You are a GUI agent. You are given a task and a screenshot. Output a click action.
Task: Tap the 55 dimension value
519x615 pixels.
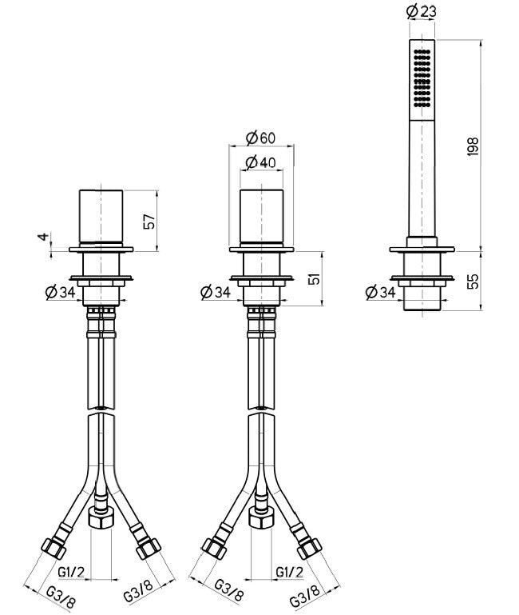[473, 282]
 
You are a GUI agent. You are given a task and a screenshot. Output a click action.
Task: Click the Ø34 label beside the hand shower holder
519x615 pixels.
[380, 293]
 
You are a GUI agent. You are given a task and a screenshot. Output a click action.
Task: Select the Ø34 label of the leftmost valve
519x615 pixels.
[61, 293]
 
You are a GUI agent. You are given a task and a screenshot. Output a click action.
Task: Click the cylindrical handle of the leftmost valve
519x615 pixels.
[101, 215]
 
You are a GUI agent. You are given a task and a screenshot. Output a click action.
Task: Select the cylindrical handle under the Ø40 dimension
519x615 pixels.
[260, 215]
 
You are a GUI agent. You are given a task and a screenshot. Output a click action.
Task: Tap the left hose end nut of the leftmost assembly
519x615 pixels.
[53, 550]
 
